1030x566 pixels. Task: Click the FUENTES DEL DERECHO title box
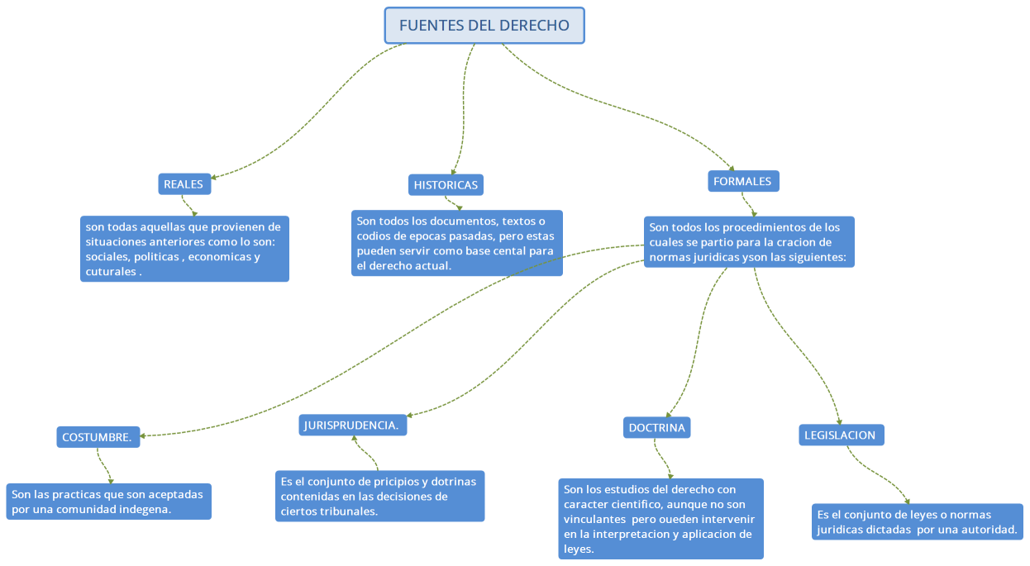[484, 26]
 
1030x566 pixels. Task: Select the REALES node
[184, 184]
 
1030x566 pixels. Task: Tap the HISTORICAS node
[446, 185]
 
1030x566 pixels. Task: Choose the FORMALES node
[742, 181]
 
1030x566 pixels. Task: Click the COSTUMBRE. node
[98, 437]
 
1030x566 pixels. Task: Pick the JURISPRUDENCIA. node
[352, 426]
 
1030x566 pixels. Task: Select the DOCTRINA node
[656, 427]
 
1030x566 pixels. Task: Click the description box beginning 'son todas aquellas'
[184, 249]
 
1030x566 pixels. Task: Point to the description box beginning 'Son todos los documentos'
[456, 243]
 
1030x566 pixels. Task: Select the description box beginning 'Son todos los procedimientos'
[748, 242]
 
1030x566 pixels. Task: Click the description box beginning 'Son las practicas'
[108, 502]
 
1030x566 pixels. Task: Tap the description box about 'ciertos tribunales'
[379, 496]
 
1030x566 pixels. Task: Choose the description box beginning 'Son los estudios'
[660, 519]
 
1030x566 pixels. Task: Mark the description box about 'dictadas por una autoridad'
[917, 521]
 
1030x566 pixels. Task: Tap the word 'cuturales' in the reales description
[110, 271]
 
